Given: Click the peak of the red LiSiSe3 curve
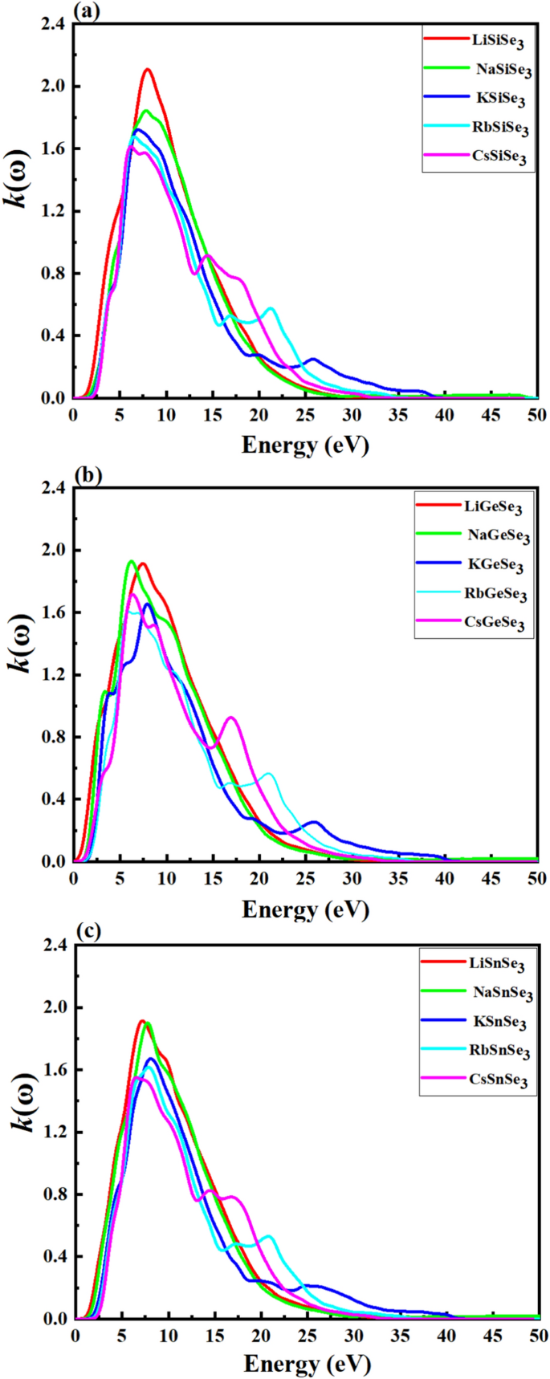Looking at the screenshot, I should click(147, 70).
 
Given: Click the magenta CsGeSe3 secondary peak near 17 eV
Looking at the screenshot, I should click(231, 718).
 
